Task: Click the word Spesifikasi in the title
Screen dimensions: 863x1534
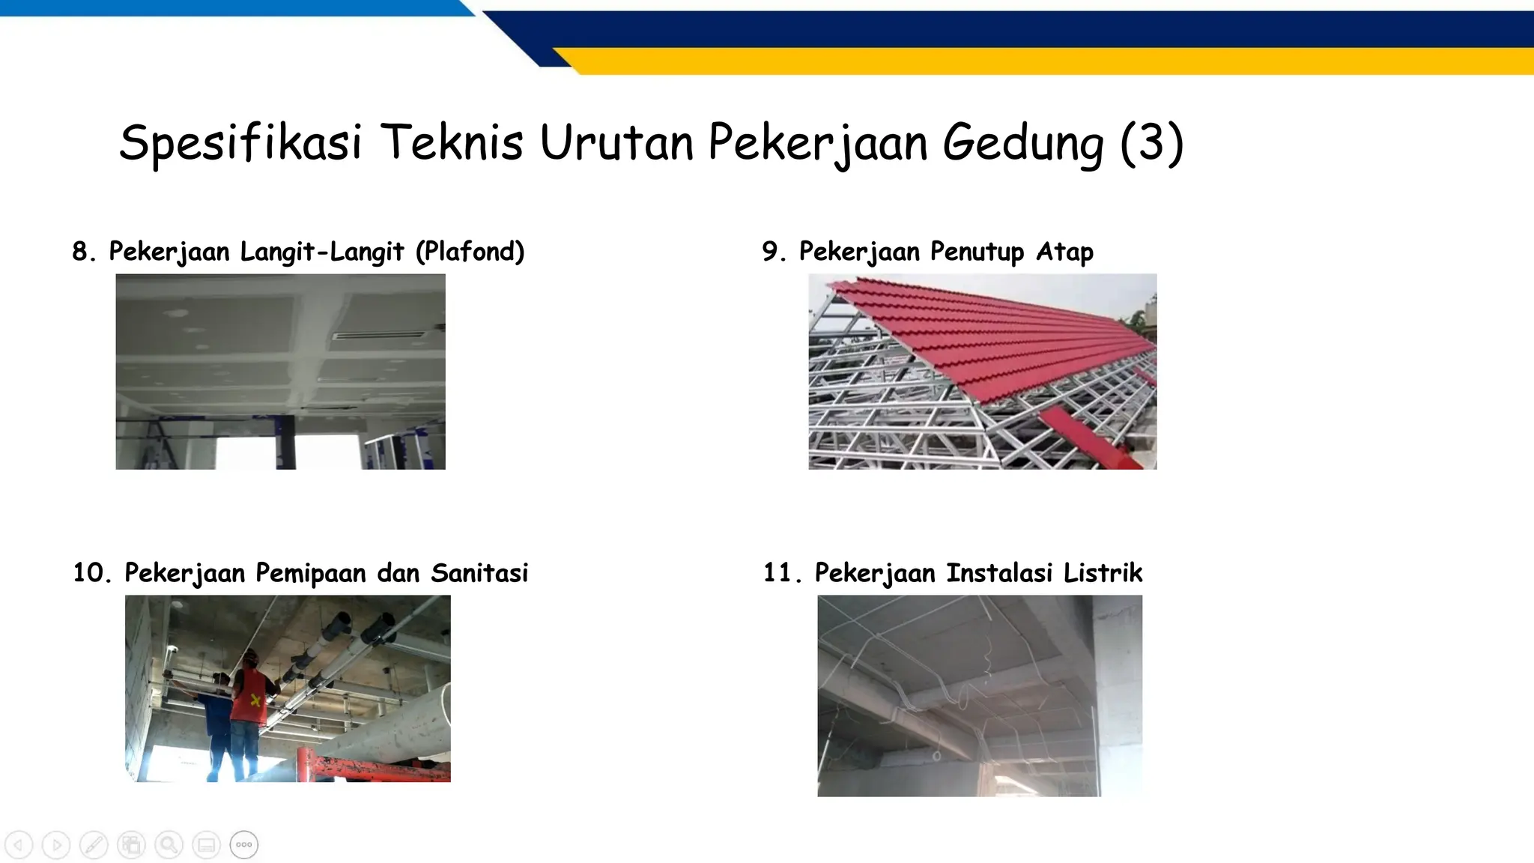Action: (240, 142)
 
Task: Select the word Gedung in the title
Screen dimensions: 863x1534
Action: (1023, 142)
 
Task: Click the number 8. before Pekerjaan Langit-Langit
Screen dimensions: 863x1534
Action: (84, 252)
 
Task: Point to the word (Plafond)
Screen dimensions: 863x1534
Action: (470, 252)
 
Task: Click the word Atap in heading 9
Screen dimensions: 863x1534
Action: (1064, 252)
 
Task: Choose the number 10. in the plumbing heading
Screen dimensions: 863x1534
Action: (91, 573)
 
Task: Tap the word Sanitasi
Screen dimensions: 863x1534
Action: (479, 573)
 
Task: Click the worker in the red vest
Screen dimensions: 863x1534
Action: (249, 697)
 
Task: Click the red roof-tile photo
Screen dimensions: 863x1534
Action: (982, 372)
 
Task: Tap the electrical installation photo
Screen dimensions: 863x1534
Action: (979, 695)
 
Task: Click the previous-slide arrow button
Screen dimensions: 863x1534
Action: (19, 845)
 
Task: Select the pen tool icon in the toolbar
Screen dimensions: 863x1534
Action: (94, 845)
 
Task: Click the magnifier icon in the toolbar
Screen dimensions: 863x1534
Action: (169, 845)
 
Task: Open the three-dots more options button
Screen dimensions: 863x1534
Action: (244, 845)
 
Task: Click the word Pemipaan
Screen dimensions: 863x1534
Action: (311, 573)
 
